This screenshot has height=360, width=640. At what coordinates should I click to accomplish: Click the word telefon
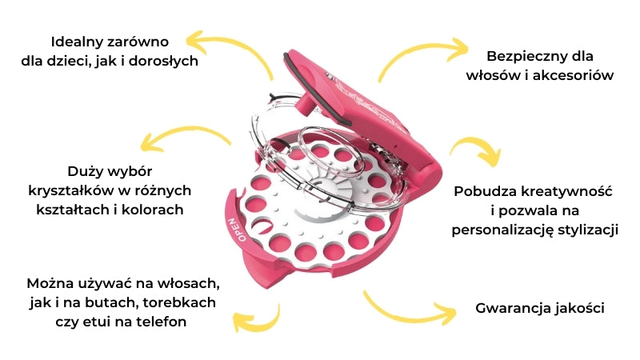170,322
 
